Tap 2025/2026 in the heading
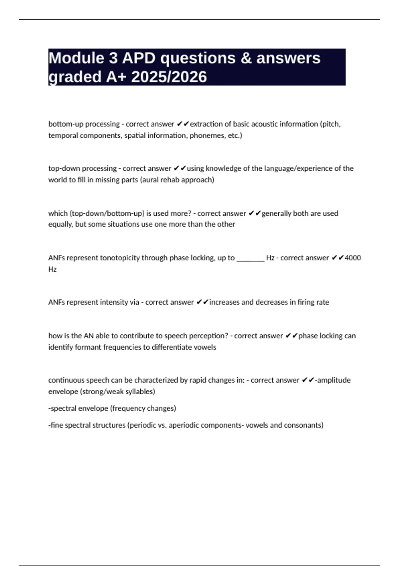[169, 77]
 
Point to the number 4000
[353, 258]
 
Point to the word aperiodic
[184, 425]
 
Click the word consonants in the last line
[304, 425]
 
